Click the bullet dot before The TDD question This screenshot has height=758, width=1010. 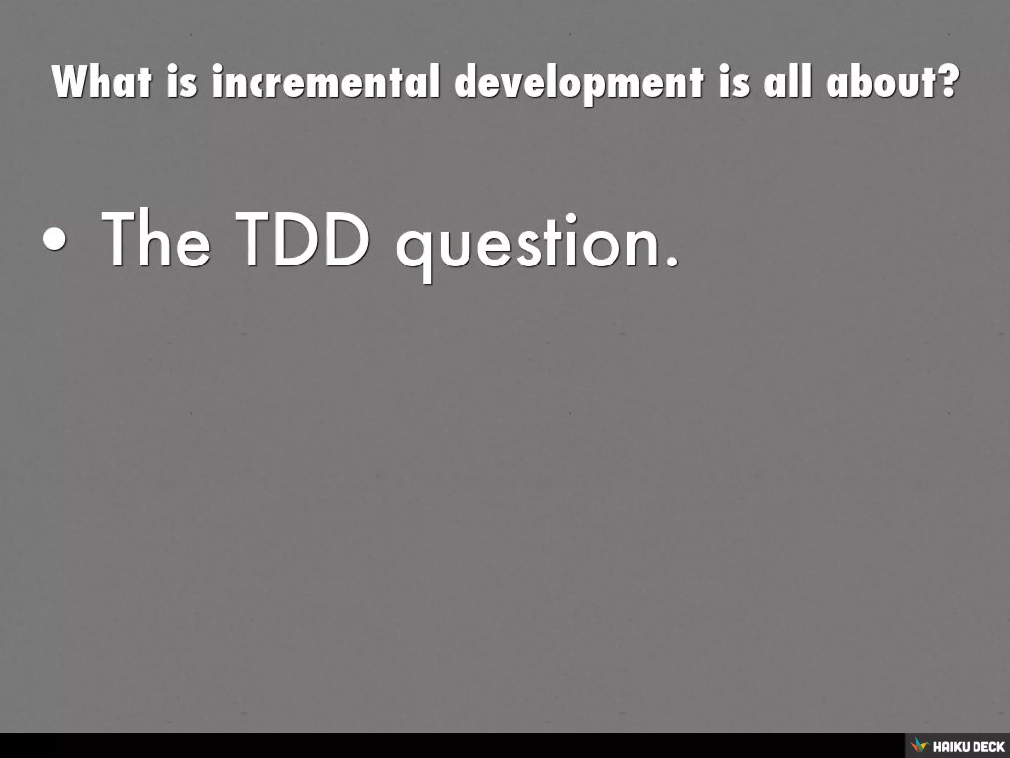pos(54,240)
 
